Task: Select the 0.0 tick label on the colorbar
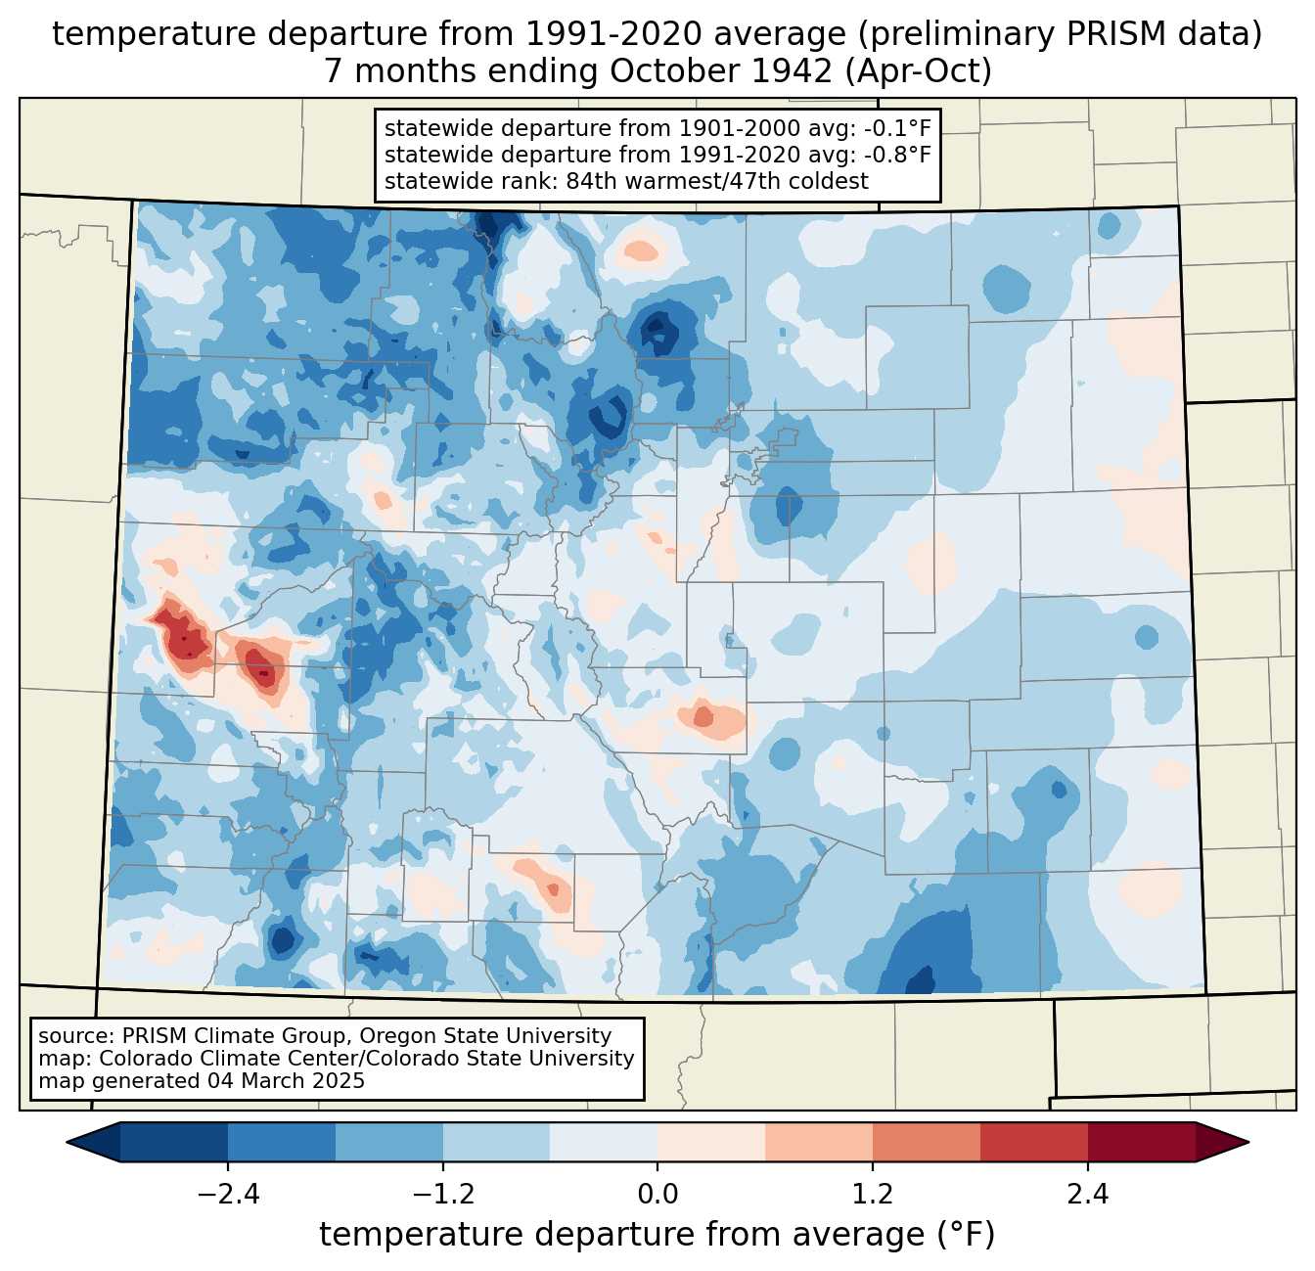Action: [x=657, y=1195]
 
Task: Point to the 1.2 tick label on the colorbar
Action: [x=873, y=1195]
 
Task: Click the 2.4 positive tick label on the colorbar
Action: [x=1088, y=1195]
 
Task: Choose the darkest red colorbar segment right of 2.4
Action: [x=1141, y=1142]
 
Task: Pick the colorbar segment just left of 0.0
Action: [x=604, y=1142]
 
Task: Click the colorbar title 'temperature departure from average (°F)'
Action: [x=657, y=1235]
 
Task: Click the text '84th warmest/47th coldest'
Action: [x=717, y=181]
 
